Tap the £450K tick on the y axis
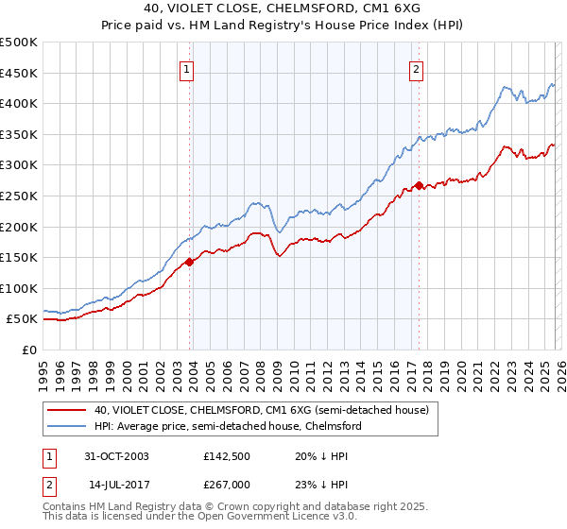tap(20, 73)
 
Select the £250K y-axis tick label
tap(20, 196)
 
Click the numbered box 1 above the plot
tap(187, 68)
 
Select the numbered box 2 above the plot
tap(417, 68)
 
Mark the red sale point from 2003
tap(190, 262)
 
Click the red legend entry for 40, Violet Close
tap(262, 410)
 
